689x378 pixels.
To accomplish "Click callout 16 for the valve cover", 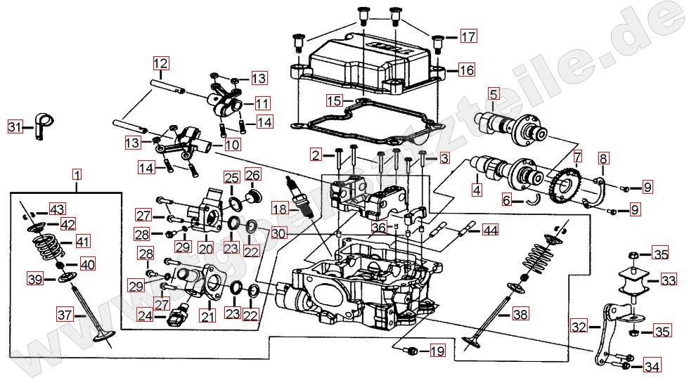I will pyautogui.click(x=467, y=70).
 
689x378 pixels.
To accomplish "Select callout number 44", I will pyautogui.click(x=489, y=230).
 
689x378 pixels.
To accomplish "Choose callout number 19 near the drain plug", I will pyautogui.click(x=437, y=351).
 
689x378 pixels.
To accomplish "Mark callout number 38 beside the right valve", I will pyautogui.click(x=520, y=315).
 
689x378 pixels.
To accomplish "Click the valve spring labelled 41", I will pyautogui.click(x=49, y=245).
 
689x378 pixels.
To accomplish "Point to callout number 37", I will pyautogui.click(x=65, y=315).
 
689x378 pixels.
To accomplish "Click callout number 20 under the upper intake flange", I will pyautogui.click(x=205, y=248).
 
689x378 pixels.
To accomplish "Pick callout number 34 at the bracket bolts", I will pyautogui.click(x=652, y=365).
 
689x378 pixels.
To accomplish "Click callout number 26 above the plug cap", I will pyautogui.click(x=253, y=175).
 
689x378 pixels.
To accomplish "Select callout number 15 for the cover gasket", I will pyautogui.click(x=333, y=100).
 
